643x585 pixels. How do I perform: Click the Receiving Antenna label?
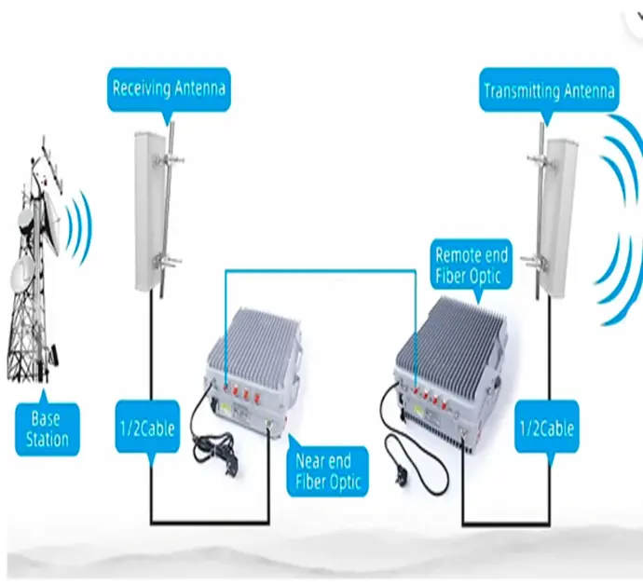pos(169,90)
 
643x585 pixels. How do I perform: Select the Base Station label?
pos(45,429)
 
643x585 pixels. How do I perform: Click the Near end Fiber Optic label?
pos(327,470)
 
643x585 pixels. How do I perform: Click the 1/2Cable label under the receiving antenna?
pos(146,431)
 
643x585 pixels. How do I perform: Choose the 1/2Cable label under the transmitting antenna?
pos(544,429)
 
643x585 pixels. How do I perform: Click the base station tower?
pos(35,279)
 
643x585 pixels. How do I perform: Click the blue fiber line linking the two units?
pos(317,271)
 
